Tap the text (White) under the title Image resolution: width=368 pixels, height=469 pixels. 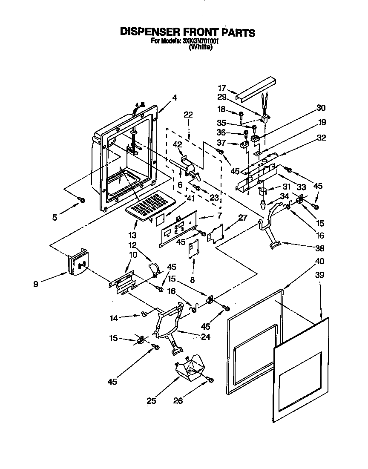[200, 47]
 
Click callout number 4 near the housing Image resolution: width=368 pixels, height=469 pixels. [174, 97]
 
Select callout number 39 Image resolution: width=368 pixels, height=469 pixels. [320, 275]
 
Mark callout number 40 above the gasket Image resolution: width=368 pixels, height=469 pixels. [320, 261]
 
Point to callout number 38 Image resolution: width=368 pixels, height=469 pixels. [320, 248]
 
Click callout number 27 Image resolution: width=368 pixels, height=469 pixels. [243, 217]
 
